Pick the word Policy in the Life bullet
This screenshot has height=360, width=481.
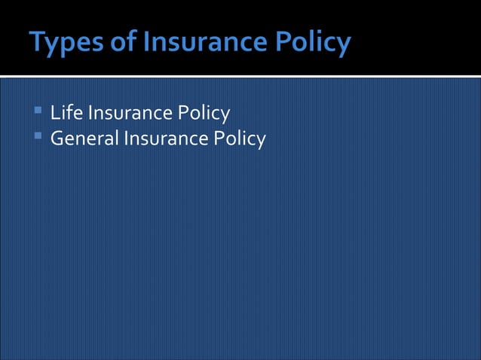click(202, 114)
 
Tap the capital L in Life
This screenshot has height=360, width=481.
click(54, 114)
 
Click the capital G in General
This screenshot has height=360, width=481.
click(57, 139)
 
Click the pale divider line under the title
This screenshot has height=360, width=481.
click(240, 76)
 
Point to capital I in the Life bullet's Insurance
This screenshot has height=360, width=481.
click(90, 114)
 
